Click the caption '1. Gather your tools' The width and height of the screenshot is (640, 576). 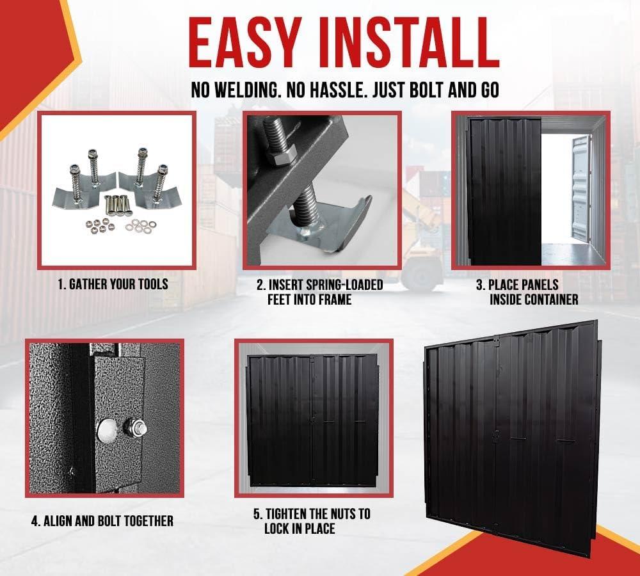click(113, 284)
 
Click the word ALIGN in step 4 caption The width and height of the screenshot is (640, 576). click(58, 521)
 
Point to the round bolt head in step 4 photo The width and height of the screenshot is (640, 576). click(106, 429)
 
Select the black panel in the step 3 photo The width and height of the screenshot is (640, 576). click(504, 191)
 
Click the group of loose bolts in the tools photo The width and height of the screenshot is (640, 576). click(116, 204)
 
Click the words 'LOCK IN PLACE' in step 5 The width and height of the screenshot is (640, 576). click(300, 529)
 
